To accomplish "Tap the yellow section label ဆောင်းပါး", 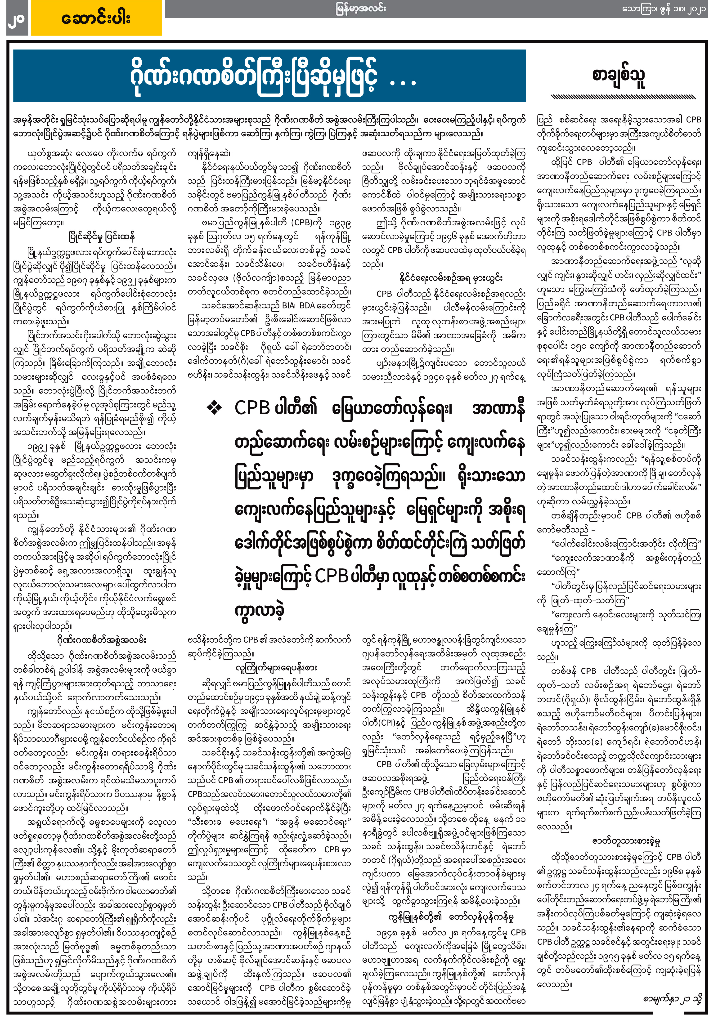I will pyautogui.click(x=96, y=19).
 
